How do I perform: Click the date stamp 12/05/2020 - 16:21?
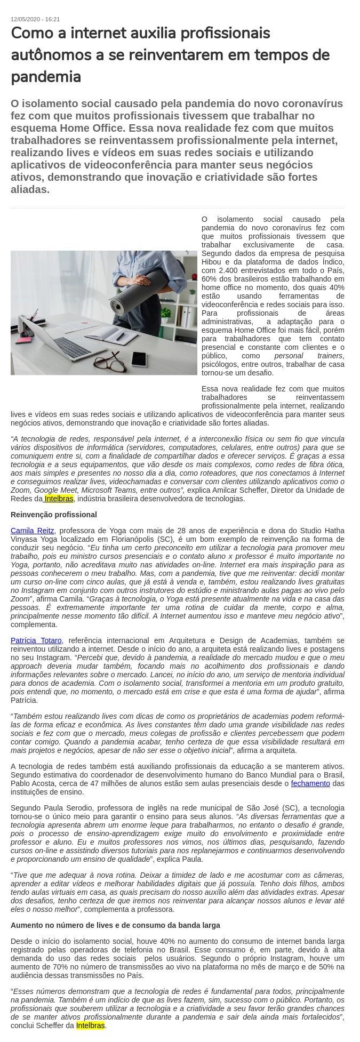click(35, 19)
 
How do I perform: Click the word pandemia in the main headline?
click(46, 77)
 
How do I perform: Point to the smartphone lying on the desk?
click(139, 358)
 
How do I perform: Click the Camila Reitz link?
click(32, 531)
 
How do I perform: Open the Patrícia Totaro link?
click(36, 640)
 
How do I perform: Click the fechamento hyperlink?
click(310, 783)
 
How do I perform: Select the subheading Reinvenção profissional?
click(54, 515)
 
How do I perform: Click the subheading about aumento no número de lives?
click(115, 925)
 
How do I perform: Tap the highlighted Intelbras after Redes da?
click(59, 499)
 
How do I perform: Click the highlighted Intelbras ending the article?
click(91, 1025)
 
